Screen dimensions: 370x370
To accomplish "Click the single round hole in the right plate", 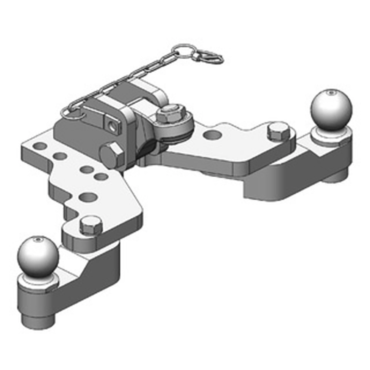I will pyautogui.click(x=213, y=135).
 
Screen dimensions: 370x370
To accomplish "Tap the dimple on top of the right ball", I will pyautogui.click(x=331, y=92).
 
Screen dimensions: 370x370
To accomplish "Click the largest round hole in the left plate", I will pyautogui.click(x=88, y=197).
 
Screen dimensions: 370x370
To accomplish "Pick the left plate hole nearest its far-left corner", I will pyautogui.click(x=40, y=146).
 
